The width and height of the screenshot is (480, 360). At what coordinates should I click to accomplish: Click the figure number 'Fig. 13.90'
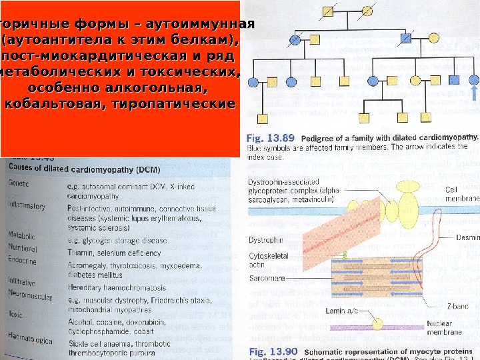(x=270, y=351)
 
